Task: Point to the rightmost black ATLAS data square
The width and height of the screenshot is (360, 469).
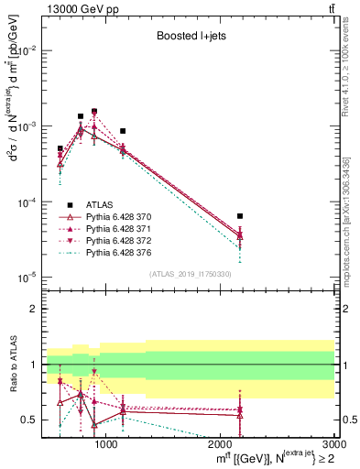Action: coord(240,216)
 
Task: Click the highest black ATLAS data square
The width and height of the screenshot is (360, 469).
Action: coord(94,111)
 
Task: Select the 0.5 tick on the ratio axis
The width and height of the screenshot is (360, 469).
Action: coord(33,420)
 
